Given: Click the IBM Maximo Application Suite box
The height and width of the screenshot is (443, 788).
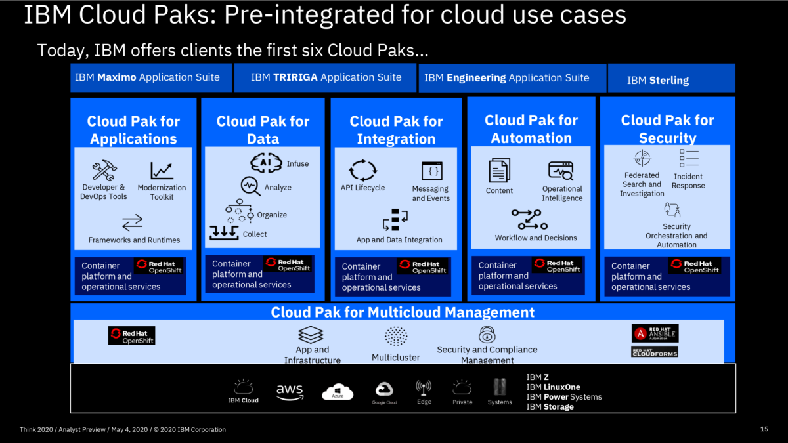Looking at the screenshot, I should (151, 77).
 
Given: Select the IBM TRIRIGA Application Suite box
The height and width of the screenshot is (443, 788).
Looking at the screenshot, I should (326, 77).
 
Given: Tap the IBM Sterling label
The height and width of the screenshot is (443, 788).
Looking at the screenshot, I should (657, 80).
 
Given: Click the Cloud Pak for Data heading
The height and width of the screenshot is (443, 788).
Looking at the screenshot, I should (263, 129).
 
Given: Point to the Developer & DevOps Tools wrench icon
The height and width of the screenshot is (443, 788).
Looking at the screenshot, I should (104, 171).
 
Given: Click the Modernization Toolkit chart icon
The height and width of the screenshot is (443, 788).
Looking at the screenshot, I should (162, 171).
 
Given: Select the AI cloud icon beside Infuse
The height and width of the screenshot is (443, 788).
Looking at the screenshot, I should (266, 163).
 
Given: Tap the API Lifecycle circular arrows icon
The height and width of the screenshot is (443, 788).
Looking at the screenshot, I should (362, 170).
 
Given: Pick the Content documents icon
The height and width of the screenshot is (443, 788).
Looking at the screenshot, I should (499, 171).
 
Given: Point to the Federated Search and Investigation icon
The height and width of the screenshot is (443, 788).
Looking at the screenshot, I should (642, 158).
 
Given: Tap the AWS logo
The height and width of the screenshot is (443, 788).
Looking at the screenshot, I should (290, 392).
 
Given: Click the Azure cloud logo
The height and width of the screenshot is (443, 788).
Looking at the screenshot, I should (338, 392).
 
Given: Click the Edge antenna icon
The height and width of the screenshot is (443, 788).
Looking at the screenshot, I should (424, 387).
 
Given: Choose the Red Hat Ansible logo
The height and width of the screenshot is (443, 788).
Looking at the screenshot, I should (655, 333).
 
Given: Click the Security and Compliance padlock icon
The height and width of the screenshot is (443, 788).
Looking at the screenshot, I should (487, 335).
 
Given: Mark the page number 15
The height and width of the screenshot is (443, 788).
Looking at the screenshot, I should (764, 429).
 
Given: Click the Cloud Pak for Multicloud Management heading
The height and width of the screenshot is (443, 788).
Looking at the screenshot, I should (403, 312).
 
